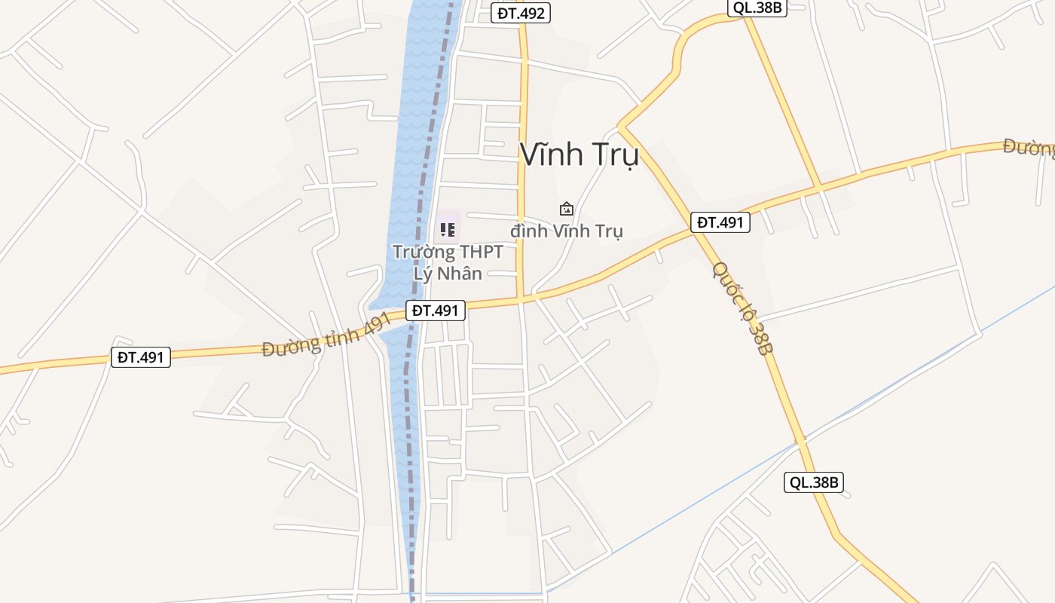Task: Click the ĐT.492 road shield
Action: pyautogui.click(x=521, y=13)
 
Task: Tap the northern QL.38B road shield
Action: pyautogui.click(x=757, y=8)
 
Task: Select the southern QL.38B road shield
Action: pyautogui.click(x=813, y=482)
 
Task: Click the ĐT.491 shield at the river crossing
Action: pyautogui.click(x=436, y=310)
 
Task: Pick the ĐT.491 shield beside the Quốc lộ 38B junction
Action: pyautogui.click(x=720, y=222)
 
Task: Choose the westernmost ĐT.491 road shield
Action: pyautogui.click(x=141, y=357)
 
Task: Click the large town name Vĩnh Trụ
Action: pyautogui.click(x=579, y=155)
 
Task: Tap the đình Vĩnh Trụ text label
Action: pyautogui.click(x=567, y=231)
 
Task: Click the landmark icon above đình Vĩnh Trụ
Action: pyautogui.click(x=567, y=209)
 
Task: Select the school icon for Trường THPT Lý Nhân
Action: pyautogui.click(x=448, y=229)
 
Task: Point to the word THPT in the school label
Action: pyautogui.click(x=458, y=252)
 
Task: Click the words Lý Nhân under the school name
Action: pyautogui.click(x=448, y=273)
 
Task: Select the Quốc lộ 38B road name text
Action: pyautogui.click(x=743, y=308)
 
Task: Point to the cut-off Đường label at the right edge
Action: pyautogui.click(x=1029, y=148)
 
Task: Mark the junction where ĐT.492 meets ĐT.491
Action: pyautogui.click(x=521, y=298)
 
